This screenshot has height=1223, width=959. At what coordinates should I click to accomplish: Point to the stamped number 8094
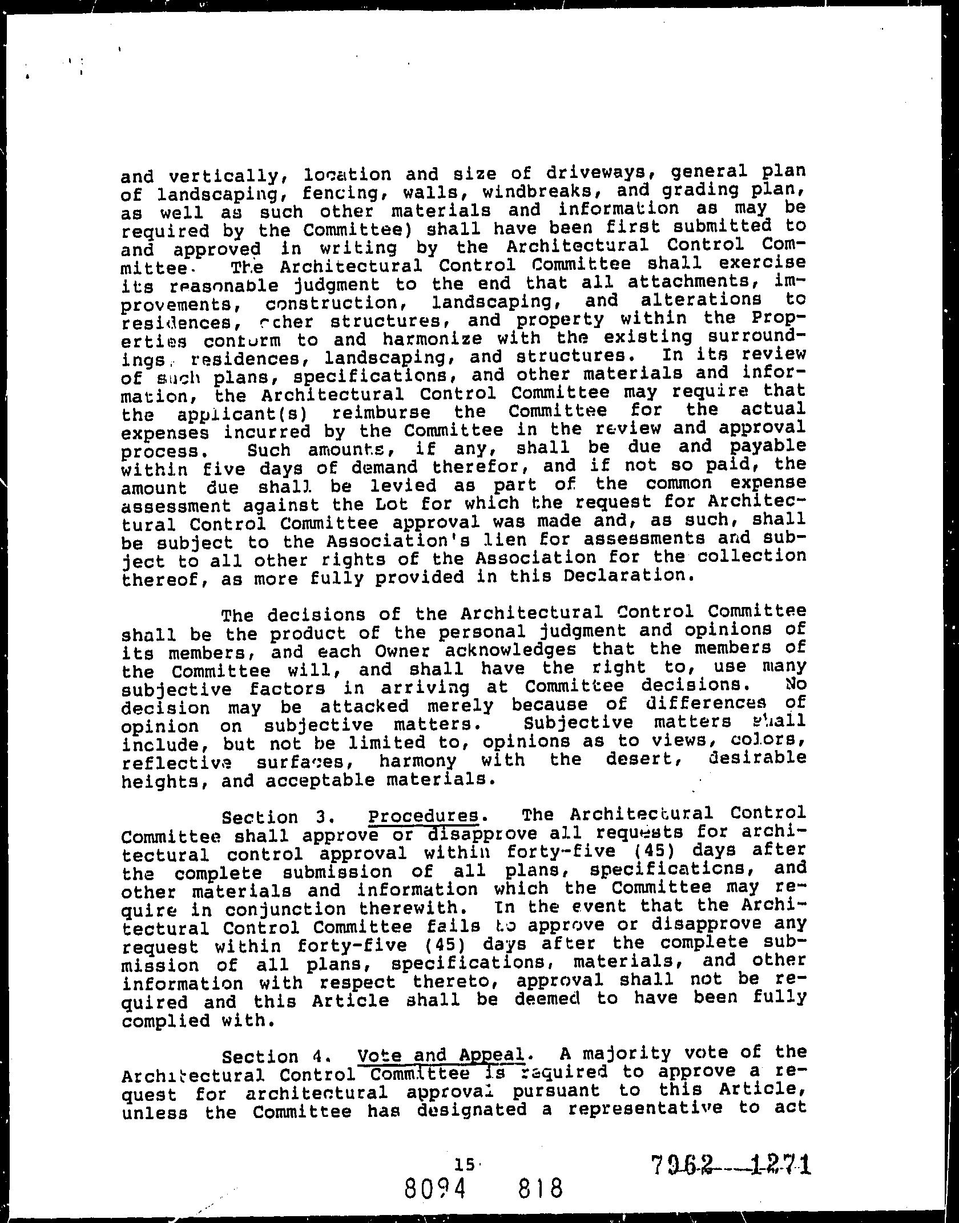pyautogui.click(x=444, y=1188)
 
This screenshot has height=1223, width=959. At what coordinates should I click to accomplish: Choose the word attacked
pyautogui.click(x=364, y=706)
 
